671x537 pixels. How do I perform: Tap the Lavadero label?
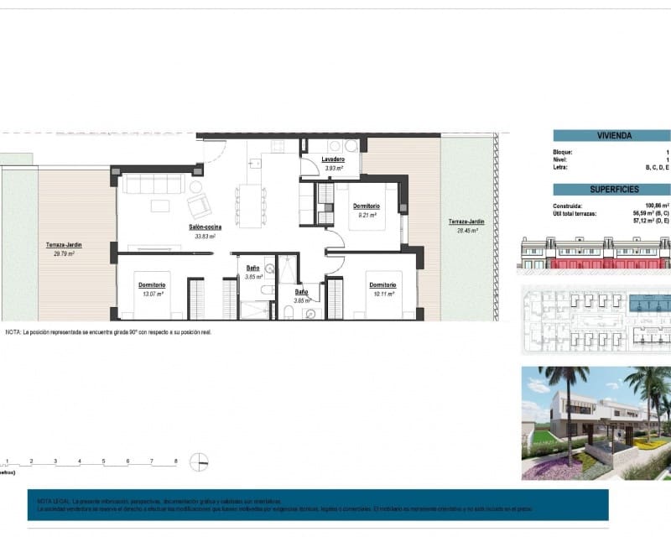pos(333,159)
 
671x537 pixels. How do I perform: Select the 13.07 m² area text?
pos(152,294)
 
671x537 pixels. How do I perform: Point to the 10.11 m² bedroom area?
pos(382,294)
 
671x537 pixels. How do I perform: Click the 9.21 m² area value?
pos(367,215)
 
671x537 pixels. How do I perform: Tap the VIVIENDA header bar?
pos(611,135)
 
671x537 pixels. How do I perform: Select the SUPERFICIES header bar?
pos(611,190)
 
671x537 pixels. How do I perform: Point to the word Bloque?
pos(564,151)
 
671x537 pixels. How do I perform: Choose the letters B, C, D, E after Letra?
pos(656,167)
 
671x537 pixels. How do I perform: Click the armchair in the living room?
pos(199,206)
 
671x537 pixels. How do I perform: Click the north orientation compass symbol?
pos(200,461)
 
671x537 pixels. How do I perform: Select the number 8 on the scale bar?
pos(175,461)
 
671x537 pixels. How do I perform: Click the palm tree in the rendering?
pos(563,394)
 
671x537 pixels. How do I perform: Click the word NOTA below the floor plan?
pos(12,332)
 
